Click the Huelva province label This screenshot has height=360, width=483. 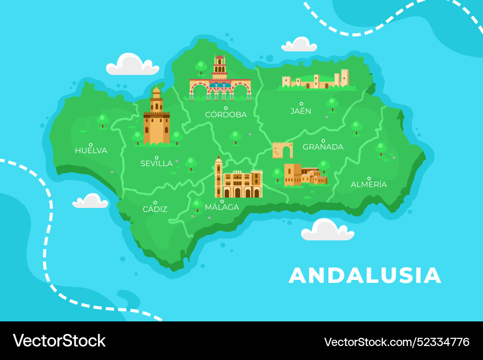(91, 151)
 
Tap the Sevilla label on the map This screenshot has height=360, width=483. (156, 164)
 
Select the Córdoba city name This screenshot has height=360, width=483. (226, 115)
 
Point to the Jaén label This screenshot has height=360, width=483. (301, 111)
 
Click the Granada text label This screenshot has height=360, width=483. (323, 147)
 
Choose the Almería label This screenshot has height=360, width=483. (369, 184)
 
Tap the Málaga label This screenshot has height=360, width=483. (222, 207)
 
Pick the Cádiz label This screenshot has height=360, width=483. (155, 209)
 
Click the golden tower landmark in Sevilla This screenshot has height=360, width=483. (156, 118)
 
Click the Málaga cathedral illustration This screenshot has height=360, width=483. (238, 180)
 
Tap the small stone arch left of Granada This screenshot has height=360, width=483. (283, 150)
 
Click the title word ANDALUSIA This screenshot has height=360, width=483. (365, 276)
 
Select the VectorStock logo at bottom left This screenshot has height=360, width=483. (59, 341)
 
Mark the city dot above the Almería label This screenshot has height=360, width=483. (369, 178)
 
